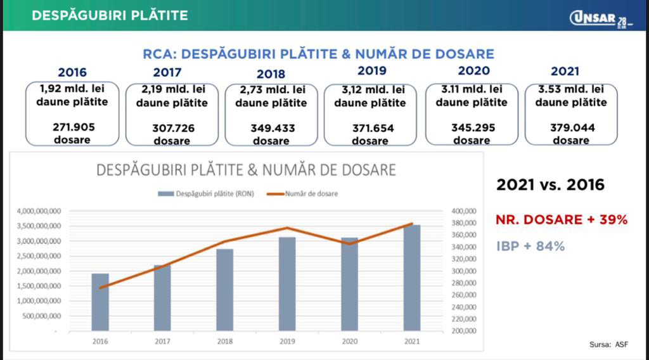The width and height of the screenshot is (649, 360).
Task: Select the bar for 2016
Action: (x=100, y=302)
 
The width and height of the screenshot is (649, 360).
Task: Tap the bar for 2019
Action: (x=287, y=283)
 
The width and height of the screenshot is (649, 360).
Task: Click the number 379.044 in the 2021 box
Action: (x=571, y=127)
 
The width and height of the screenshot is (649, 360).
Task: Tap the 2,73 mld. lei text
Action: (x=271, y=90)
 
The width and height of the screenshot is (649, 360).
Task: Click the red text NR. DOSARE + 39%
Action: (x=562, y=220)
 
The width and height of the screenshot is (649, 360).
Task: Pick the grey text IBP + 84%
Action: (x=530, y=246)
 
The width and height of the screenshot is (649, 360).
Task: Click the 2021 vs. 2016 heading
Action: (x=550, y=185)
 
